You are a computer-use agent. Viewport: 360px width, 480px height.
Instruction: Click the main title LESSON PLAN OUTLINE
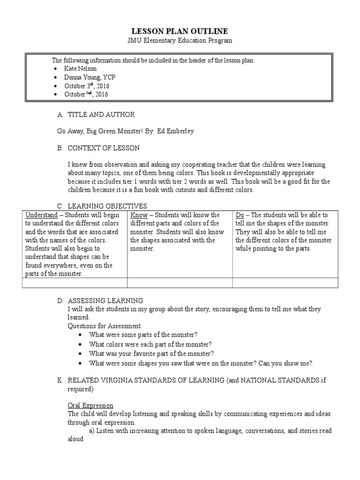180,31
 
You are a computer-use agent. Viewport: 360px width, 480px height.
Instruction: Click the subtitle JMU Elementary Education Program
180,41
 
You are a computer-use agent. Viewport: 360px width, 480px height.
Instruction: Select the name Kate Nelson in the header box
81,68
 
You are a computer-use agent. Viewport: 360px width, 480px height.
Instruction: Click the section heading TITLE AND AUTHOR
101,114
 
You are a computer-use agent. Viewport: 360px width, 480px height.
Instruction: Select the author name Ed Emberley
174,131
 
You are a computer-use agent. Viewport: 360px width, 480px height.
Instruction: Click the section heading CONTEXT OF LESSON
104,148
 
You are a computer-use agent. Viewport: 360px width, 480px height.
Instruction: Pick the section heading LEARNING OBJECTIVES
107,206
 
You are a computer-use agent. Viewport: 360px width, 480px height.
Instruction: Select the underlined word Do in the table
240,215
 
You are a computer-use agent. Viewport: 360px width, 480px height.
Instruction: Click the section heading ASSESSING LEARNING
105,300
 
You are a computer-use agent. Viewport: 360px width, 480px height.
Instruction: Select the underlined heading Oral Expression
90,405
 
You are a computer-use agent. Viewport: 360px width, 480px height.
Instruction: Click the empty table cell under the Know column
180,282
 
